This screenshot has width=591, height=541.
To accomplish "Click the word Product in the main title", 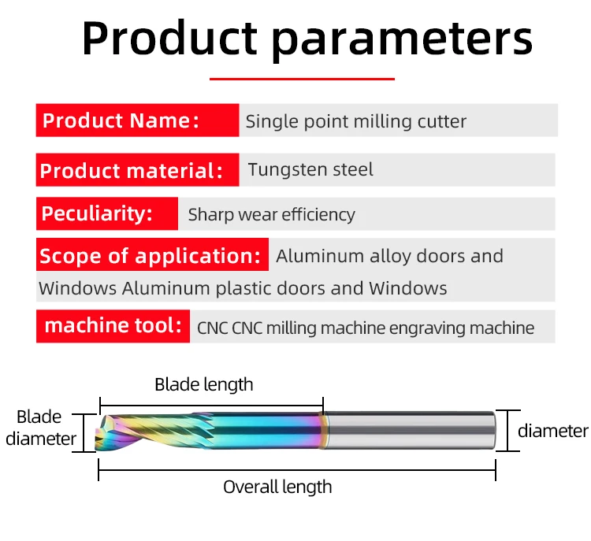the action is pyautogui.click(x=169, y=39).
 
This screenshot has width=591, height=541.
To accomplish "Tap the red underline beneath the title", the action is pyautogui.click(x=302, y=79).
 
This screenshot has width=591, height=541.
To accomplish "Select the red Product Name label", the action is pyautogui.click(x=138, y=120).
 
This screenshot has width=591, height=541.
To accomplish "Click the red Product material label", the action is pyautogui.click(x=138, y=170).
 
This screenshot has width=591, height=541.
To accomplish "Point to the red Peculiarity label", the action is pyautogui.click(x=107, y=213).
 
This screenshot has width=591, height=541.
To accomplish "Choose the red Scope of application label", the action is pyautogui.click(x=152, y=254).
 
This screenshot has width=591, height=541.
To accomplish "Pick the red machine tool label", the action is pyautogui.click(x=113, y=326).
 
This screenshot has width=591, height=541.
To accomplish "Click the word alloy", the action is pyautogui.click(x=391, y=257).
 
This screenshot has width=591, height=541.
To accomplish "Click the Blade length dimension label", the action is pyautogui.click(x=204, y=385).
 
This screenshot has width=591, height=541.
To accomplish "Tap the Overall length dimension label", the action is pyautogui.click(x=277, y=487).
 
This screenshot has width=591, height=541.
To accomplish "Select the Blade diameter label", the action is pyautogui.click(x=41, y=428).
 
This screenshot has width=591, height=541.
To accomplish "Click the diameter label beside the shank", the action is pyautogui.click(x=553, y=431).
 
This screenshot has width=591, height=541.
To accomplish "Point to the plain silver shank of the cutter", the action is pyautogui.click(x=411, y=430).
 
